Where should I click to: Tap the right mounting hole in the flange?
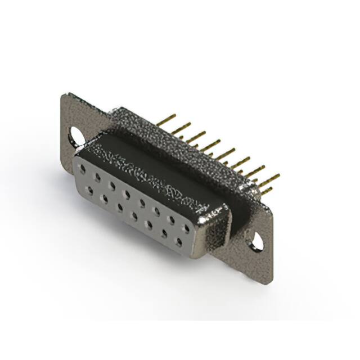(x=258, y=241)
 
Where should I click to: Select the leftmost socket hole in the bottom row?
(x=90, y=189)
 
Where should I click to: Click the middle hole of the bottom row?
(x=135, y=215)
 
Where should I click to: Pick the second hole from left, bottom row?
(x=105, y=197)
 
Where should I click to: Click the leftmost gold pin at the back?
(x=167, y=120)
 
